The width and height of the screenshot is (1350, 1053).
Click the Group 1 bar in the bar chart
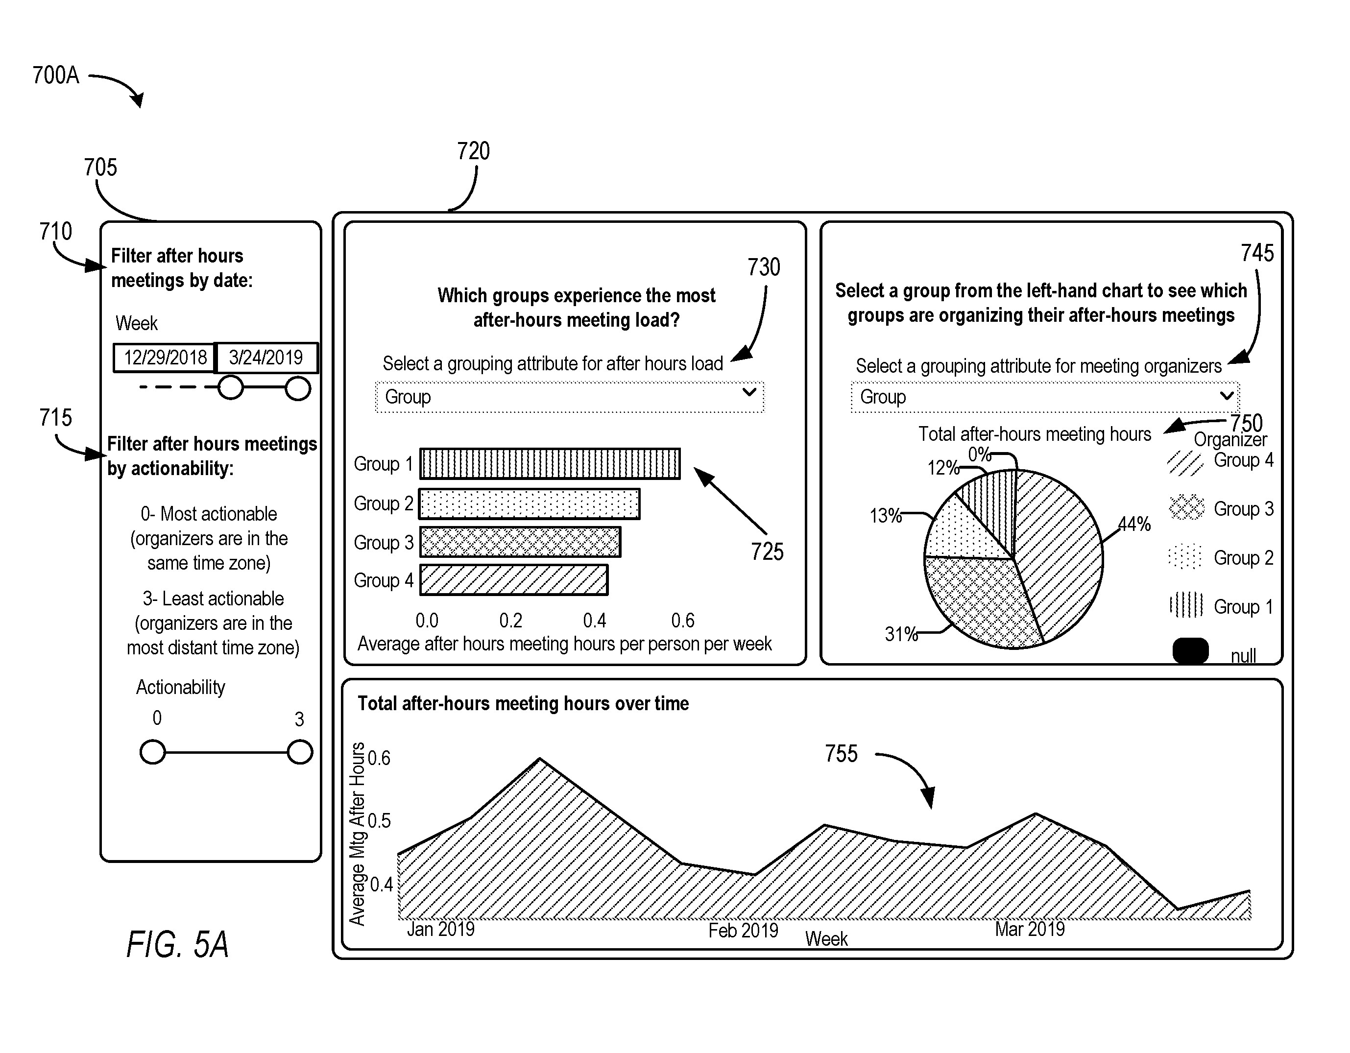550,463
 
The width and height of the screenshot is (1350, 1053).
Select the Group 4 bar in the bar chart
513,580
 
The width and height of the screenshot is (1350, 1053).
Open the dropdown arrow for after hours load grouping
749,392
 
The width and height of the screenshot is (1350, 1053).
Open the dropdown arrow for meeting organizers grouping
1227,396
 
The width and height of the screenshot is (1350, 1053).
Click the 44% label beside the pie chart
1134,525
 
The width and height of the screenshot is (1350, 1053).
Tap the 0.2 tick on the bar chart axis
510,621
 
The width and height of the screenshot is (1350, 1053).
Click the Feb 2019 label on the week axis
743,931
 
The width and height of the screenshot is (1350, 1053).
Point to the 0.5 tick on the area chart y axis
379,821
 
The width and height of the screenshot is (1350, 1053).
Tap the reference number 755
841,754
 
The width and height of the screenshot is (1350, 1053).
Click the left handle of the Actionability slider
153,753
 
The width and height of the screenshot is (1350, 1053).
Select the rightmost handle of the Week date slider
298,389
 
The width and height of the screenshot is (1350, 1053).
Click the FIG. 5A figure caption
177,944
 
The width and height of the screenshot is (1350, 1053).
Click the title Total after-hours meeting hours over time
523,704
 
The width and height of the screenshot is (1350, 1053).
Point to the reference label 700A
56,75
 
